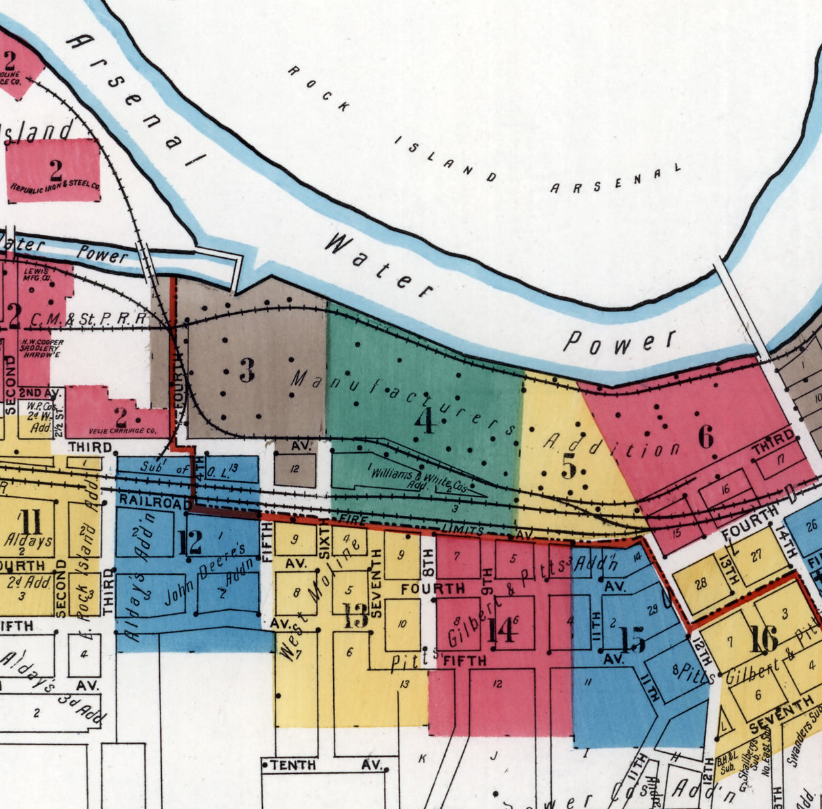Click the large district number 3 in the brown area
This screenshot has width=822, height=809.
click(x=247, y=370)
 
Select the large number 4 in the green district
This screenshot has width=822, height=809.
click(x=425, y=421)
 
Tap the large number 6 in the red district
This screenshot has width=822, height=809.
click(x=706, y=437)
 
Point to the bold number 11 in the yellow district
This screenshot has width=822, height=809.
click(x=31, y=522)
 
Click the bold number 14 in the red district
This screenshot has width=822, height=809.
click(x=502, y=630)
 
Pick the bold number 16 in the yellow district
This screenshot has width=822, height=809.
click(x=763, y=639)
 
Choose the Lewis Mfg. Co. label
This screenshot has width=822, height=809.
click(x=37, y=274)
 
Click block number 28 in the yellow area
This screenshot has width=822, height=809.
click(x=701, y=582)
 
